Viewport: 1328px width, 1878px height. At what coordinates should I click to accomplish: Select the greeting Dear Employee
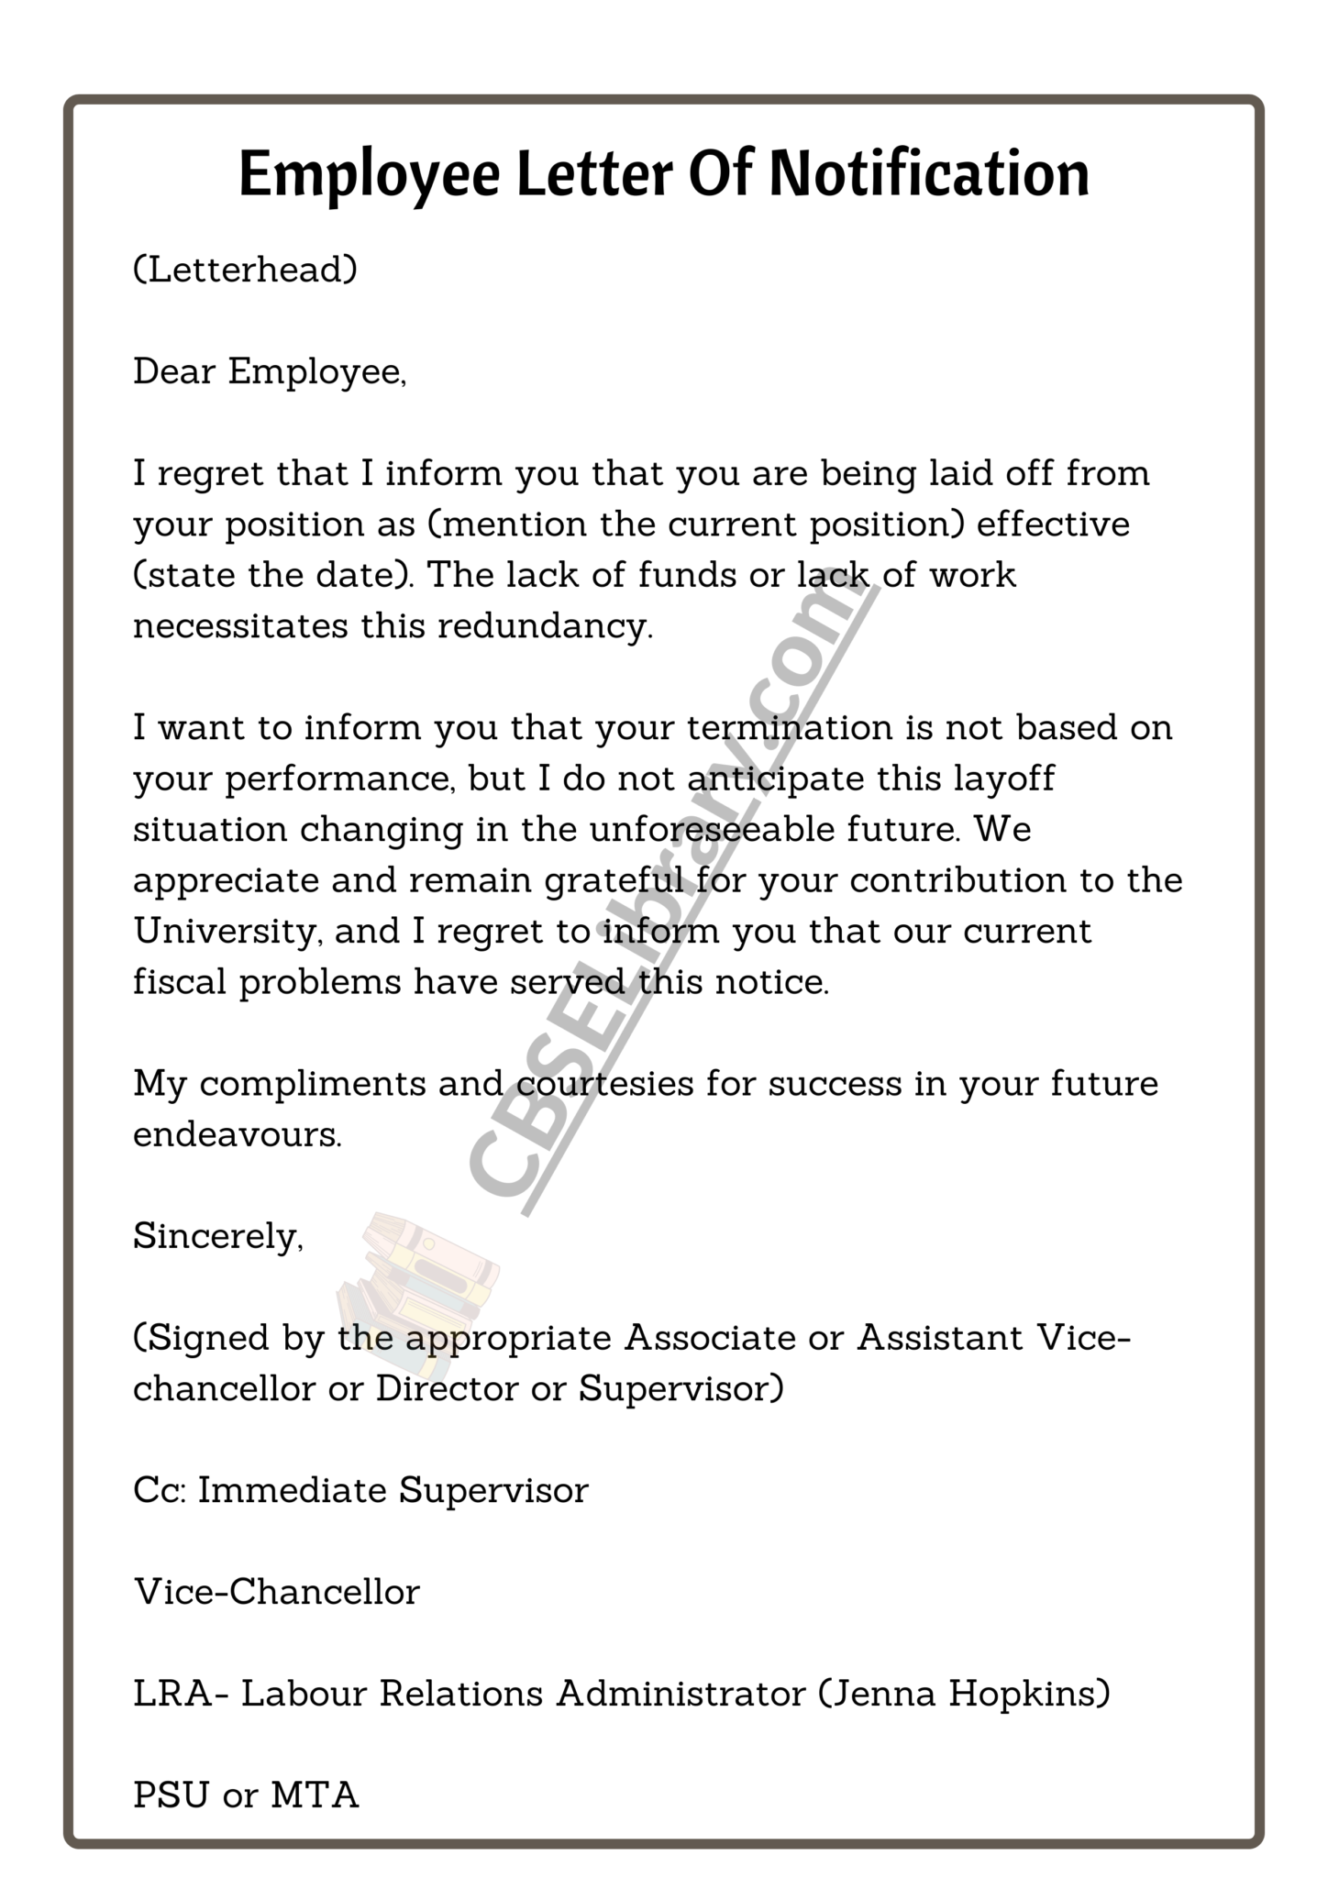pyautogui.click(x=269, y=372)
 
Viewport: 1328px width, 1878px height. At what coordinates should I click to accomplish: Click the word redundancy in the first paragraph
pyautogui.click(x=545, y=626)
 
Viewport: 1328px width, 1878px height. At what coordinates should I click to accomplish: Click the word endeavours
pyautogui.click(x=237, y=1134)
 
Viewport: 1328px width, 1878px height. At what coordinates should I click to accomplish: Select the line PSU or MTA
pyautogui.click(x=245, y=1795)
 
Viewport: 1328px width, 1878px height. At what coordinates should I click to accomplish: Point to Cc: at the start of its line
pyautogui.click(x=160, y=1490)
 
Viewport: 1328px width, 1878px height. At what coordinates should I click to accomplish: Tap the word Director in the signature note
pyautogui.click(x=447, y=1388)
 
